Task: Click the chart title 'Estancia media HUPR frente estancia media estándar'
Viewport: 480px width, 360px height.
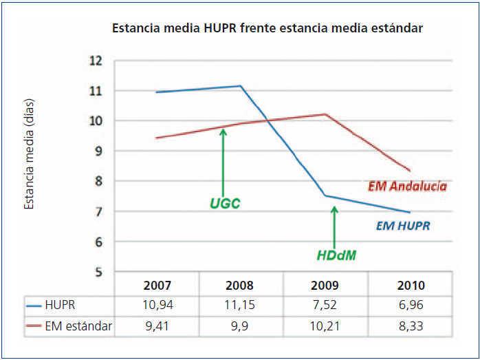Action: click(267, 29)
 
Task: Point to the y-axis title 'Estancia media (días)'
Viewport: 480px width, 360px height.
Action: click(29, 153)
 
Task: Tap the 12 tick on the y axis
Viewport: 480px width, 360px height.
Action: click(96, 61)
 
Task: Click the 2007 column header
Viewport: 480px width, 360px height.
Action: click(157, 285)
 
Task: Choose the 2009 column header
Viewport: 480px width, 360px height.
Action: click(327, 285)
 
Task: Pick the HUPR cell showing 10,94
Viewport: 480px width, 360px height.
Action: click(157, 304)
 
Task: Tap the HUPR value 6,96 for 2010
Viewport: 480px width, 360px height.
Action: click(411, 304)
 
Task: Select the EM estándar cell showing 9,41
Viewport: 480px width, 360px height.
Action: click(157, 325)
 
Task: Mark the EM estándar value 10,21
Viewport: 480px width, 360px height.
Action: click(327, 325)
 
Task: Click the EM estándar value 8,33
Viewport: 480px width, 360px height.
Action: click(411, 325)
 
